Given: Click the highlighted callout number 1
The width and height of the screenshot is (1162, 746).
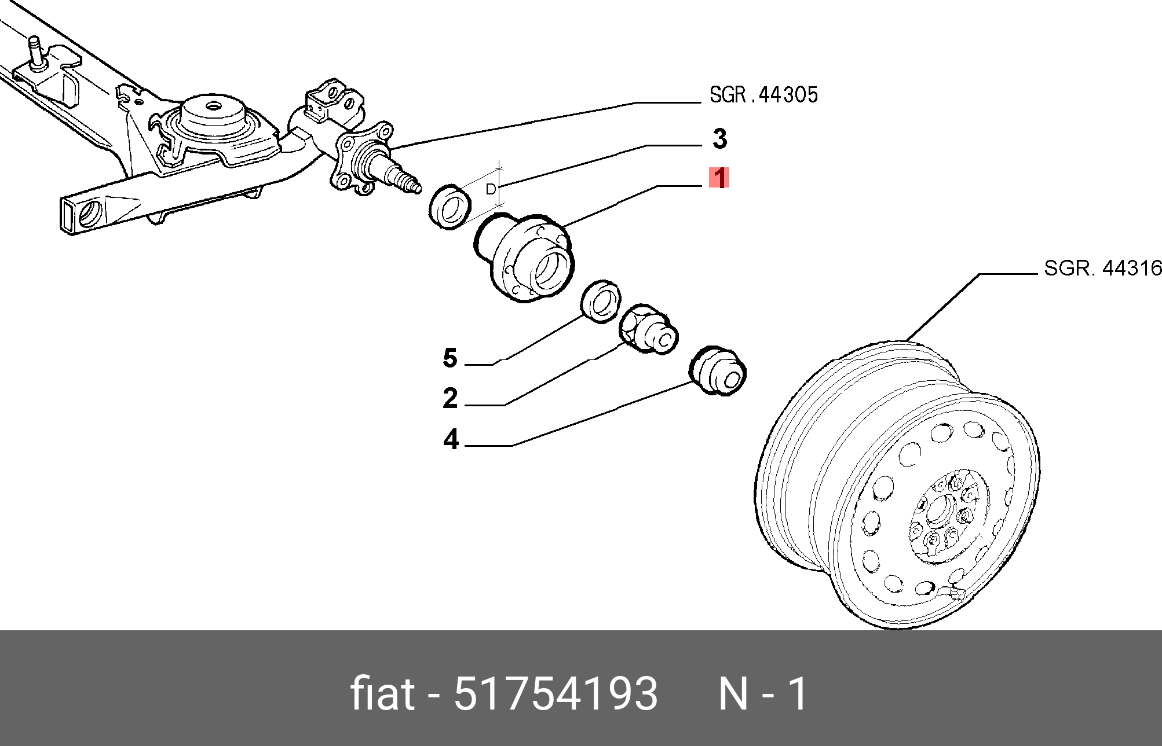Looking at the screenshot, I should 719,178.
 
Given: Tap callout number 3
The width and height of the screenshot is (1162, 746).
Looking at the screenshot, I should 719,139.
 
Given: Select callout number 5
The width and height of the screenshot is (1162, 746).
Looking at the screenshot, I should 450,358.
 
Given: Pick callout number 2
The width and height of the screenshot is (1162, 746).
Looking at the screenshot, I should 450,398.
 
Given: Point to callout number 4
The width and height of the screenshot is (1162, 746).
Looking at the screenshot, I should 451,439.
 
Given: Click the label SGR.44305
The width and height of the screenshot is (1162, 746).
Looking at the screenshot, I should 763,95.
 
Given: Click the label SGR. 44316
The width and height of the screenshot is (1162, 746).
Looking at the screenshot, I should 1102,268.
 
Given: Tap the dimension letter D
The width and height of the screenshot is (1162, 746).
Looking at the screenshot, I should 491,189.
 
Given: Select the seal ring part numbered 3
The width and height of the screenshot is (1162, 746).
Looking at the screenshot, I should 450,207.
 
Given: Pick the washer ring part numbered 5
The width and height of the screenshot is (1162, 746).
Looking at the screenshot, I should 601,301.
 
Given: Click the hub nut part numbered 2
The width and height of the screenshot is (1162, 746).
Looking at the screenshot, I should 648,329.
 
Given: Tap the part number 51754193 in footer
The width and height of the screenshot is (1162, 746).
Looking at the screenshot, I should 556,694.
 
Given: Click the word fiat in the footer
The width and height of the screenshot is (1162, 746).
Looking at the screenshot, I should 382,694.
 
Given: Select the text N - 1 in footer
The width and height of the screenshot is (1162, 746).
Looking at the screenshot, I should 762,694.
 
